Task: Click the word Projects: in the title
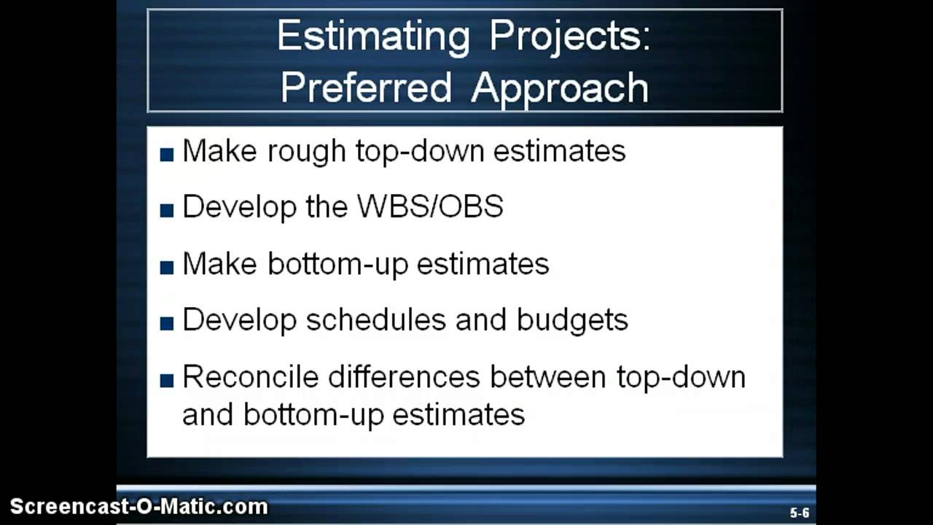click(569, 36)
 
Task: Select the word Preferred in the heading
click(366, 88)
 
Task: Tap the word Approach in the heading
click(560, 88)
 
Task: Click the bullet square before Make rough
click(167, 154)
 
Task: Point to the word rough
click(307, 151)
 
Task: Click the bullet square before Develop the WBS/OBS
click(167, 210)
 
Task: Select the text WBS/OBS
click(430, 207)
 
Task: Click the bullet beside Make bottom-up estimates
click(167, 267)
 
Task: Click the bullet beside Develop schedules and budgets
click(167, 323)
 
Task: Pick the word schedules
click(376, 320)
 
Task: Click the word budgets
click(572, 320)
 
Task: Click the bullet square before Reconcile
click(167, 380)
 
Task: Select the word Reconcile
click(250, 377)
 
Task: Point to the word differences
click(404, 377)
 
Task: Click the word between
click(547, 377)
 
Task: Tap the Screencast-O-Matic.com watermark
click(138, 507)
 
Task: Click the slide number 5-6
click(800, 513)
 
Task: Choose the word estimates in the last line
click(458, 415)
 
